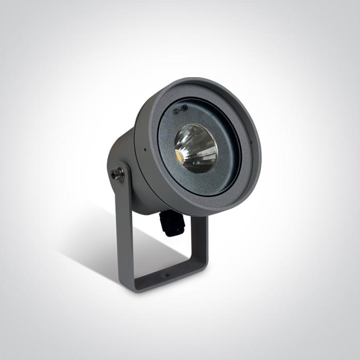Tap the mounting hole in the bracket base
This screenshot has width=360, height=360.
(x=165, y=275)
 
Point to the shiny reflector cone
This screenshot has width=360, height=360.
(x=196, y=148)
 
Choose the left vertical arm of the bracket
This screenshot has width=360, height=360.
(x=124, y=231)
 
